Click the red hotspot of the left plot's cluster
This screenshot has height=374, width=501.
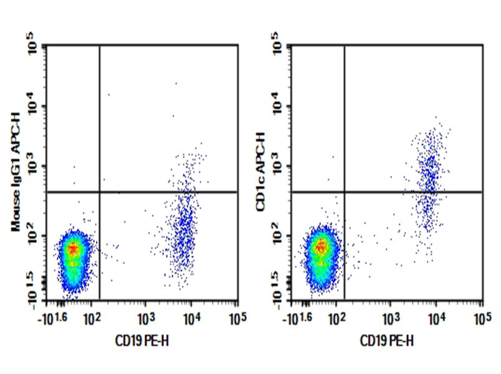tap(74, 249)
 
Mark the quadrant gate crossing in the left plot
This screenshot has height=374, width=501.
tap(100, 192)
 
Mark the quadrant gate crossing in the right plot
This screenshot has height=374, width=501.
tap(345, 192)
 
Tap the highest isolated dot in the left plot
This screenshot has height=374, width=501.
tap(176, 83)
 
